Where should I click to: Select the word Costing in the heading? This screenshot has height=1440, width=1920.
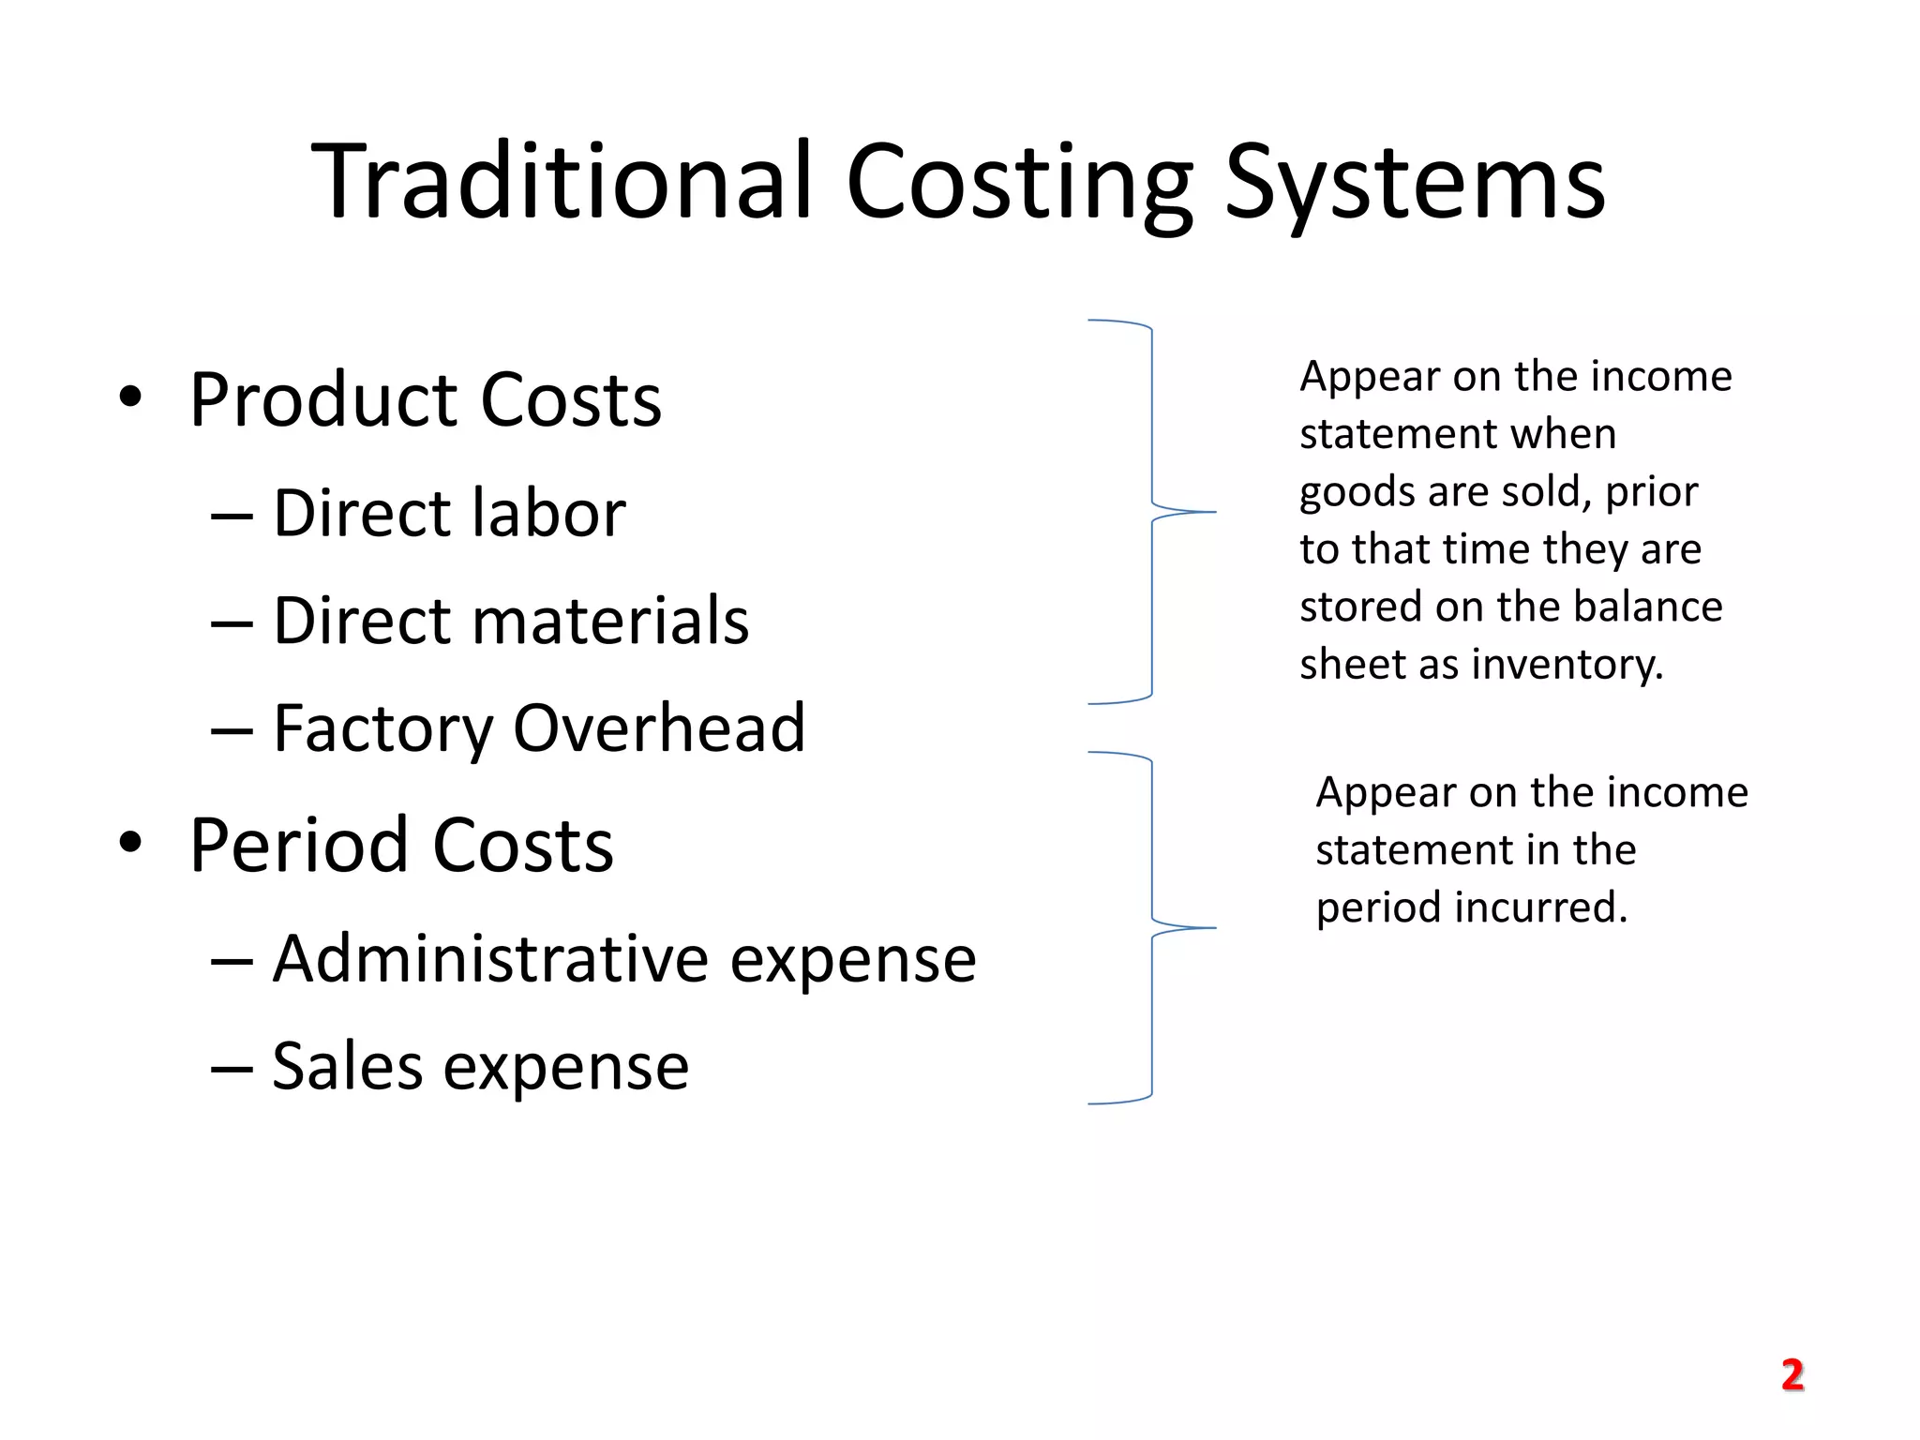pos(1020,184)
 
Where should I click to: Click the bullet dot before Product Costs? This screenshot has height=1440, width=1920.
pos(130,397)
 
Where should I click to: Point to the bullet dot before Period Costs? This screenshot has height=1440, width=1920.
pos(130,842)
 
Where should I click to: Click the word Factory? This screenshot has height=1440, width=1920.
pos(381,729)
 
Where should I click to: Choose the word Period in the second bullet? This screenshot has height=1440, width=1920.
pos(299,846)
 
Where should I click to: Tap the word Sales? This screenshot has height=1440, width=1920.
pos(347,1066)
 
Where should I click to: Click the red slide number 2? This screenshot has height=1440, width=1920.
pos(1792,1375)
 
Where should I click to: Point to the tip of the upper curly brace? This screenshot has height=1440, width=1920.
pos(1214,512)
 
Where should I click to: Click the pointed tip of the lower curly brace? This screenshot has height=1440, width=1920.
pos(1214,928)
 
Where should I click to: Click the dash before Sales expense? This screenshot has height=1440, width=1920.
pos(232,1068)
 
